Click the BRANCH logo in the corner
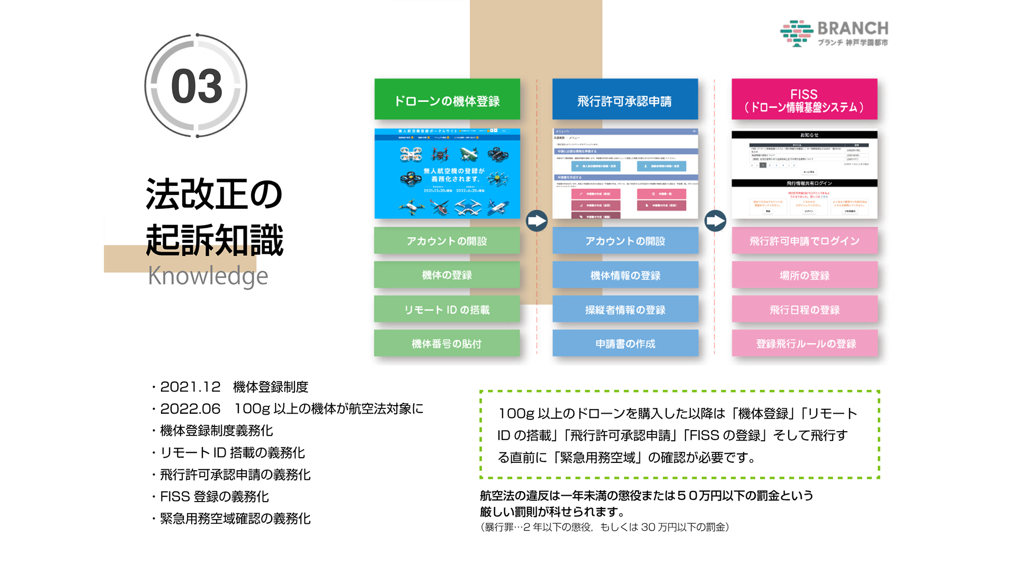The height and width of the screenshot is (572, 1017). point(834,33)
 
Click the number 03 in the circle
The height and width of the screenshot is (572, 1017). point(197,86)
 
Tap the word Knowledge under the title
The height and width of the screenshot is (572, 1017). point(208,276)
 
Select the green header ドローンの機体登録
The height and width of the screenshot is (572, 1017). point(447,100)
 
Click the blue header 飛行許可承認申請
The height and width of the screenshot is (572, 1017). point(625,100)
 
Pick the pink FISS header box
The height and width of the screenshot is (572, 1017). point(804,100)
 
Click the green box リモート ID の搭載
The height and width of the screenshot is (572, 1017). point(447,309)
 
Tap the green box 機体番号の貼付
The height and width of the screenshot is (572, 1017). point(447,344)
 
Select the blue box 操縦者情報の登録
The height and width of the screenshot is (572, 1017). point(625,309)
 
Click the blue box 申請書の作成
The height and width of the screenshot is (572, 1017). point(625,344)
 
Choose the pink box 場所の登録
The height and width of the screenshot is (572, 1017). point(804,275)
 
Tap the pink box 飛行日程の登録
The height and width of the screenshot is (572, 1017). point(804,309)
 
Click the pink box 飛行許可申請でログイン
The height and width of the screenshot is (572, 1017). point(804,241)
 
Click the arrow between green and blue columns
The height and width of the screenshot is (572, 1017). point(537,221)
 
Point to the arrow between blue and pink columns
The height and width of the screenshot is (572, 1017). point(715,221)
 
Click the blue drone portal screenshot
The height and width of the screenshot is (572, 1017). point(447,174)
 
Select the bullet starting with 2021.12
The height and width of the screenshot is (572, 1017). point(234,387)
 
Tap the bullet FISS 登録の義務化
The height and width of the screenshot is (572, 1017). point(214,497)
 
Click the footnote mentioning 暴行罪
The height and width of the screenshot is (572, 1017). point(604,528)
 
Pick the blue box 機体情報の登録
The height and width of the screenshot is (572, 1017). point(625,275)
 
